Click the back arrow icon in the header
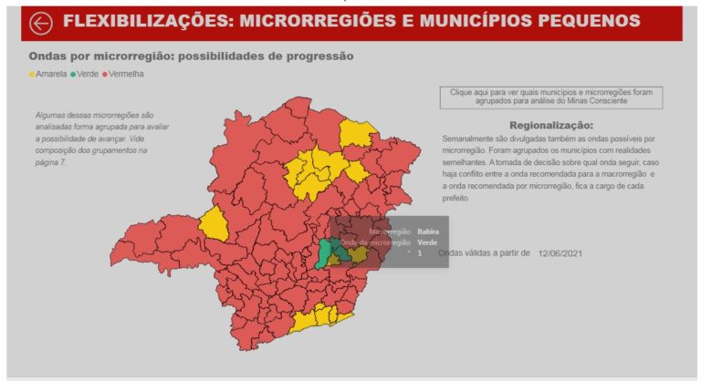[x=41, y=22]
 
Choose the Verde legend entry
[x=87, y=74]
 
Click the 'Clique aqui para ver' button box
[x=550, y=97]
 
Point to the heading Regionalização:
[x=550, y=125]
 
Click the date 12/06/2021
[x=560, y=253]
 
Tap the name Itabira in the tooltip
[x=427, y=232]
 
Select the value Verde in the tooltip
[x=426, y=242]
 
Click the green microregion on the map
[x=326, y=252]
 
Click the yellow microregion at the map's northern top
[x=357, y=134]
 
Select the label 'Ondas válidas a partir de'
[x=485, y=253]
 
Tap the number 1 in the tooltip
[x=420, y=253]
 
